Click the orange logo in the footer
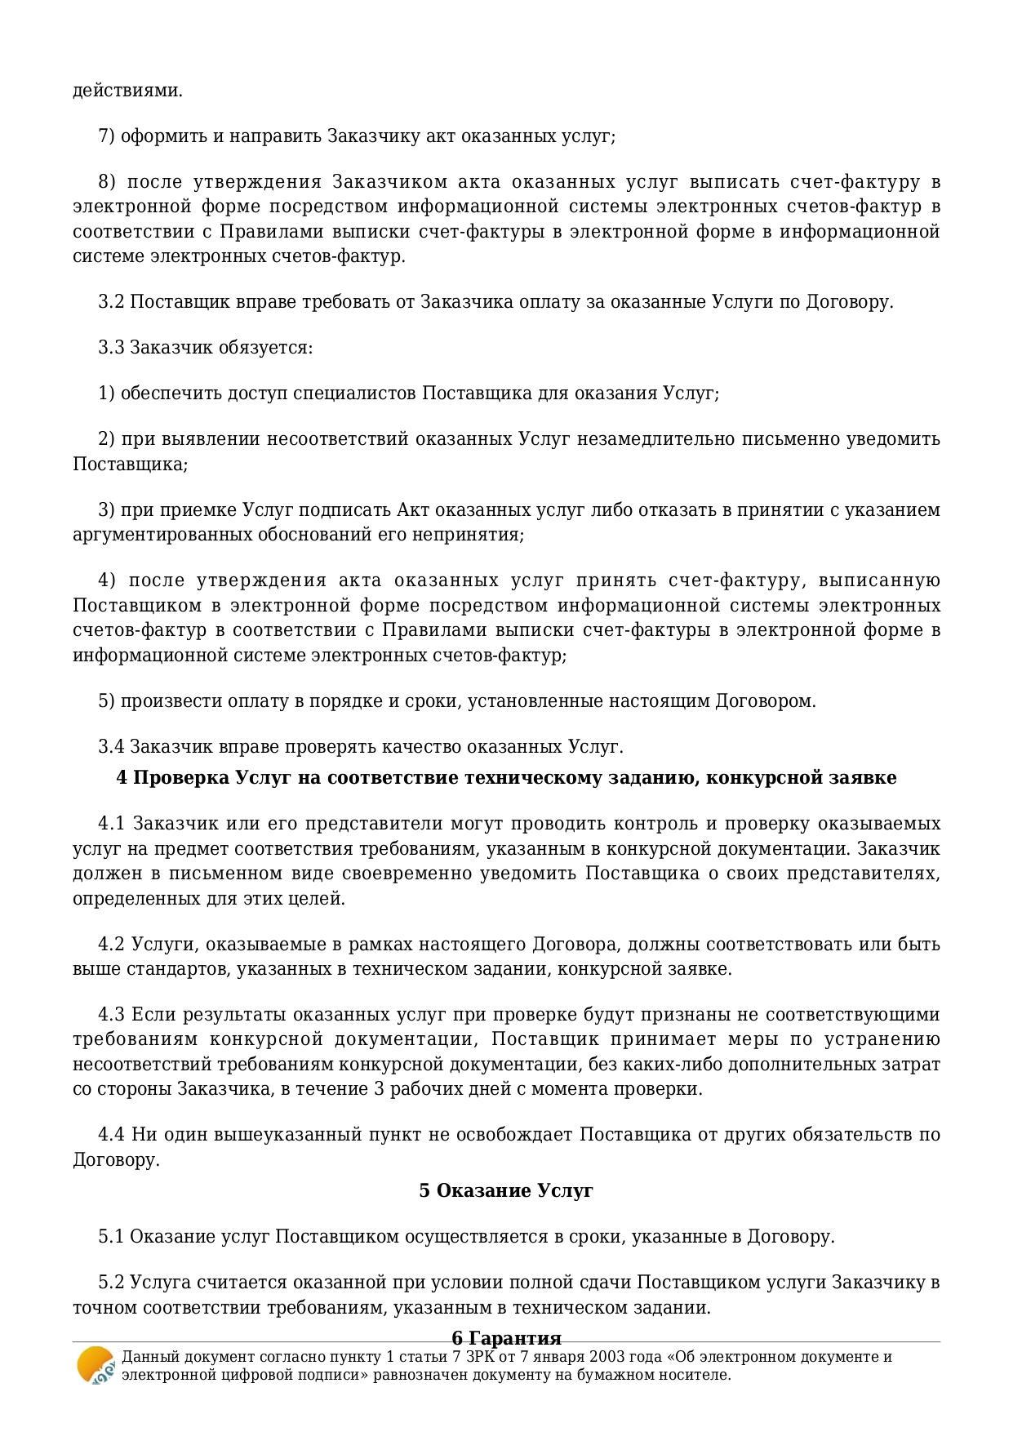[96, 1365]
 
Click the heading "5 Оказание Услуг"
[506, 1190]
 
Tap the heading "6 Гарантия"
[506, 1338]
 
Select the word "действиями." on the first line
[127, 90]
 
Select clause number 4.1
[112, 823]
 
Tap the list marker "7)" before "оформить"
[107, 136]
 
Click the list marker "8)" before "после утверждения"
[107, 181]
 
